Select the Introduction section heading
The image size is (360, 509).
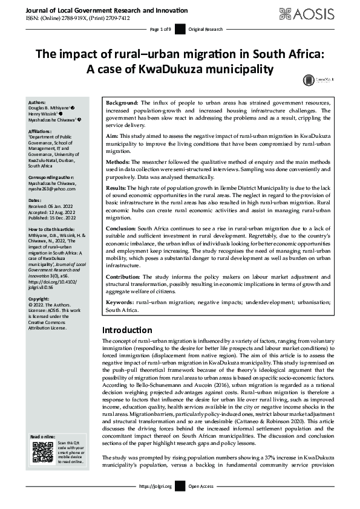(x=127, y=330)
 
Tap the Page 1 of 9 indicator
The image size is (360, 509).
(x=160, y=30)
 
